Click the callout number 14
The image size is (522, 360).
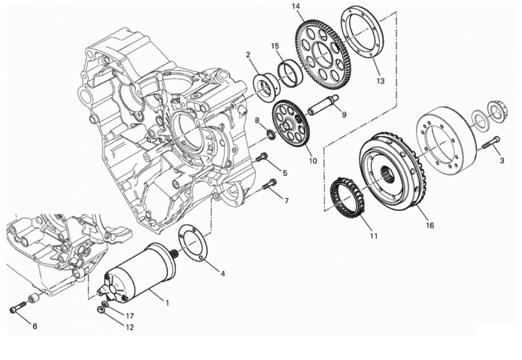pyautogui.click(x=296, y=6)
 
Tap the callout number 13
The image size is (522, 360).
pyautogui.click(x=380, y=81)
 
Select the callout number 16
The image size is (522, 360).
pyautogui.click(x=430, y=225)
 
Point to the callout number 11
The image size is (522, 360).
pyautogui.click(x=374, y=236)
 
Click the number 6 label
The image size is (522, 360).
pyautogui.click(x=35, y=326)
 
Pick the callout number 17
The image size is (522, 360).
pyautogui.click(x=129, y=316)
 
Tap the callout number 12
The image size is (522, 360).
pyautogui.click(x=129, y=328)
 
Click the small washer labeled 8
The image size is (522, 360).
pyautogui.click(x=272, y=135)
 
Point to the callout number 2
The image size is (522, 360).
pyautogui.click(x=248, y=54)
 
